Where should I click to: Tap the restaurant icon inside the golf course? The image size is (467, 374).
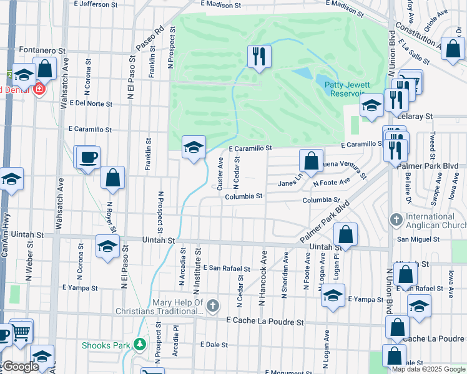point(257,57)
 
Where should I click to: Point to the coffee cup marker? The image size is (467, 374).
point(87,156)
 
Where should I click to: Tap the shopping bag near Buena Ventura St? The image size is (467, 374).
point(311,161)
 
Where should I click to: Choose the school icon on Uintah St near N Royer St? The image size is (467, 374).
point(107,246)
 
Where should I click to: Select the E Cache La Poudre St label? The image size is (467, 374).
point(265,322)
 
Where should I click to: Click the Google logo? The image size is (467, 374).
point(20,367)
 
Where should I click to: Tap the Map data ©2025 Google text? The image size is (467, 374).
point(428,369)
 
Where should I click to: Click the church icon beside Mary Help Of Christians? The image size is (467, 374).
point(214,305)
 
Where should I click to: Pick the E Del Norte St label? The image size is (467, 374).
point(91,103)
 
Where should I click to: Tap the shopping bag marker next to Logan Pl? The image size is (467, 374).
point(345,234)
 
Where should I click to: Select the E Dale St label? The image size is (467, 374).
point(214,344)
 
